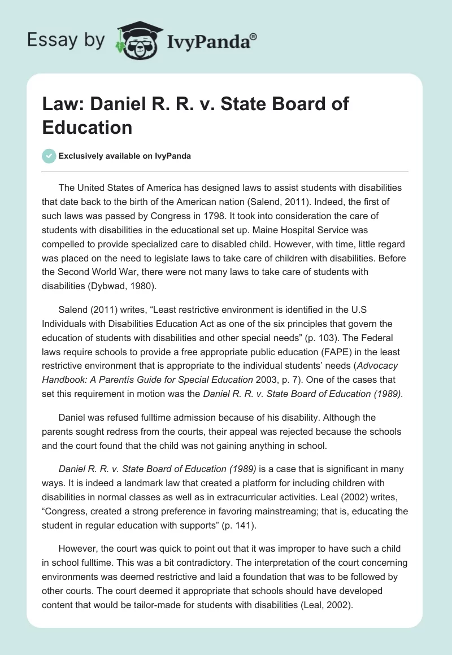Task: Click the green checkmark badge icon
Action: click(x=49, y=155)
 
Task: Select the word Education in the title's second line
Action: click(x=87, y=126)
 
